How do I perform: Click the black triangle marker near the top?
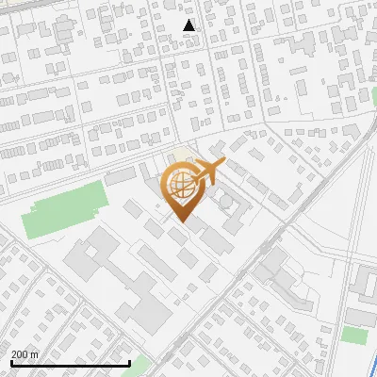(x=190, y=25)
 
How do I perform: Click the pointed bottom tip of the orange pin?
(x=180, y=221)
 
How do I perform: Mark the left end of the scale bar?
(x=11, y=364)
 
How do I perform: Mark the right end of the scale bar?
(x=129, y=364)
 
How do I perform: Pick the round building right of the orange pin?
(x=227, y=203)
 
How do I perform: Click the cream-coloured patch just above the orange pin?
(x=179, y=156)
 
